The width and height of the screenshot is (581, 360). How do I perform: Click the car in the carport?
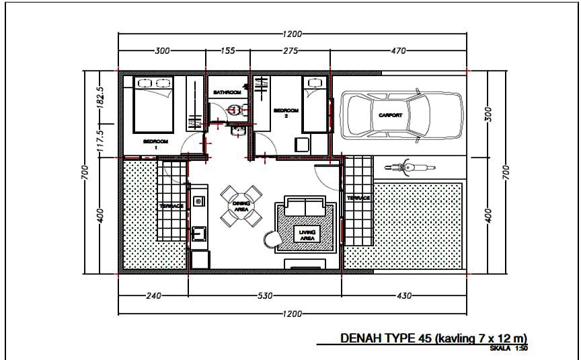401,115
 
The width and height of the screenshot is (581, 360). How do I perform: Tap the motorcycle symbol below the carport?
410,168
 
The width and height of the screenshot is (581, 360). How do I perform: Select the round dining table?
241,206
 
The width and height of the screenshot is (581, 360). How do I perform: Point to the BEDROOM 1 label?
155,144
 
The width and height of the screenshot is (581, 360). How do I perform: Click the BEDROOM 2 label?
286,113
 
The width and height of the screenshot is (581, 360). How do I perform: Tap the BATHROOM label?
227,92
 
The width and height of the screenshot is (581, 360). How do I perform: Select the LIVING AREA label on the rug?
307,235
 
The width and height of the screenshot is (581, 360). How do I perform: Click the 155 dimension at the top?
227,50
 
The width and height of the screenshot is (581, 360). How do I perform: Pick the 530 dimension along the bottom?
266,296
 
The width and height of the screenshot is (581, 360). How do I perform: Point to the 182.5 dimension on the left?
100,98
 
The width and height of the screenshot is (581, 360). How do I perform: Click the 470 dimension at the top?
398,50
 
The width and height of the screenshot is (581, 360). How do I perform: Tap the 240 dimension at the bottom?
153,296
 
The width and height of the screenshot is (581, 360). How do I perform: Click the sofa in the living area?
305,206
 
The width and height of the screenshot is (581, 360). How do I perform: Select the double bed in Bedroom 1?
153,104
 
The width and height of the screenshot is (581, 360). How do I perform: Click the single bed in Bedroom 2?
315,104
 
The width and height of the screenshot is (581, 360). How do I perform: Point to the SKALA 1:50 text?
509,349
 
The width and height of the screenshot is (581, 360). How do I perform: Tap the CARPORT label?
390,115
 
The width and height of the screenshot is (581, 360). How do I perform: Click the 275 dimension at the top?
290,50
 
